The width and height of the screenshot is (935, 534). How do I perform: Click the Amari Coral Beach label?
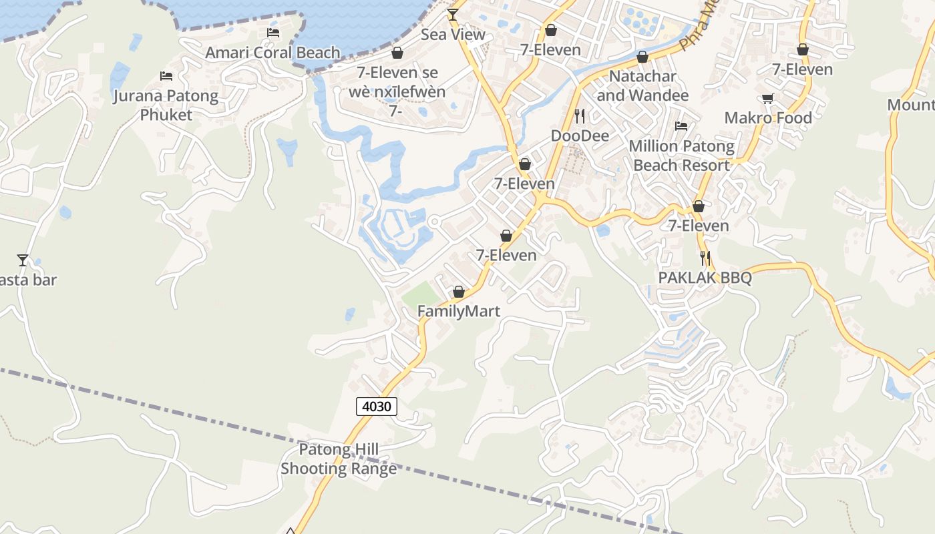[272, 53]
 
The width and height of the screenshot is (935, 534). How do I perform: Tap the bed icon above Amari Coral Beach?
[272, 32]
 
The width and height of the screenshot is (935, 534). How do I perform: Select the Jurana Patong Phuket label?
[166, 105]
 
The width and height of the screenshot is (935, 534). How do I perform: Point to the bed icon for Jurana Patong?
[166, 76]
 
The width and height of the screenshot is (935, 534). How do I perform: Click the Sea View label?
[453, 35]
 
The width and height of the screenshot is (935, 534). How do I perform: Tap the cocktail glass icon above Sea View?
[453, 14]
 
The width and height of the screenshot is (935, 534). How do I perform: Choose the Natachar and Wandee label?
[642, 85]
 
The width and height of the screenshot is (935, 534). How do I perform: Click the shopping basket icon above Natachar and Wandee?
[642, 57]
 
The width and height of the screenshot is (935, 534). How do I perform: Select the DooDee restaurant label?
[580, 136]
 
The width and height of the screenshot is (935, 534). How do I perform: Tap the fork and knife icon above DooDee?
[580, 115]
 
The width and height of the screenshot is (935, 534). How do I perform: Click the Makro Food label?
[768, 118]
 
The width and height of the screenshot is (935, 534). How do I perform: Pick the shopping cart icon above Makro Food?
[768, 98]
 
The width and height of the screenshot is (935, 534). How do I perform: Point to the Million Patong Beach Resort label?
[681, 156]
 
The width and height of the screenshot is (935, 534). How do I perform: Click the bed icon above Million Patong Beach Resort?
[681, 125]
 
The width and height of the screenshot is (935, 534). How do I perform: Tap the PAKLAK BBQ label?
[705, 278]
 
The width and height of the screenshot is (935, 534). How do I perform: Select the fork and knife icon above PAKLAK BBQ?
[705, 257]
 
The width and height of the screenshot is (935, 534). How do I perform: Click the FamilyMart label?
[459, 311]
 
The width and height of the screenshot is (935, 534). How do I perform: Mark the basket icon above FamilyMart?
[459, 292]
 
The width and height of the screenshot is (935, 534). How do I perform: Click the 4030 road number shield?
[377, 406]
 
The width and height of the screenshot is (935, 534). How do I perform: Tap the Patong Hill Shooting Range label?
[339, 459]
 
